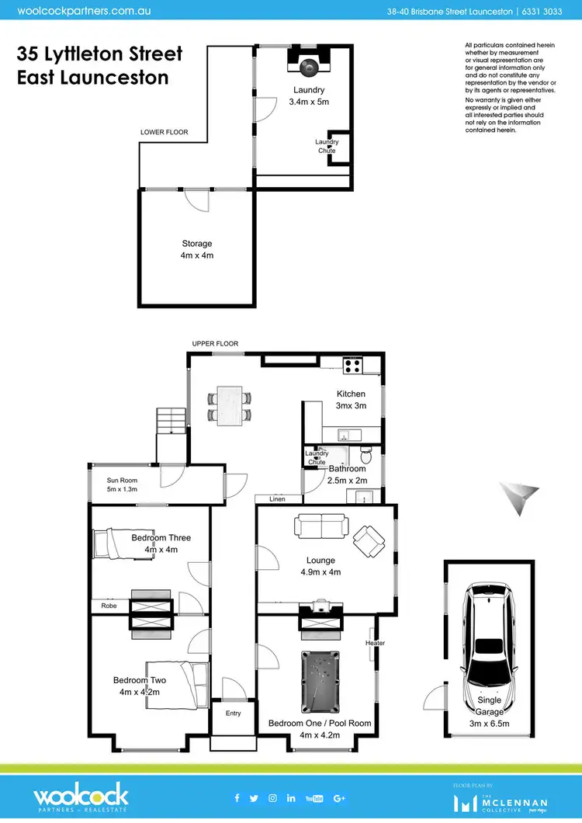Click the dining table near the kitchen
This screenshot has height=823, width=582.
pos(230,405)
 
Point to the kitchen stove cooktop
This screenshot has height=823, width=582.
pos(352,363)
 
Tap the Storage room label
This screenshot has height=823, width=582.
pos(196,244)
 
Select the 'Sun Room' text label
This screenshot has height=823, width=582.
pos(122,481)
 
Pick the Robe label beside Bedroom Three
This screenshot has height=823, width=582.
pos(109,605)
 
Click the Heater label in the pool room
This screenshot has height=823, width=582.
pos(376,643)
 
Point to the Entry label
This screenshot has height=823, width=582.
pos(233,713)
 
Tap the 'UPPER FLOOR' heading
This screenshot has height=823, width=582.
pos(216,343)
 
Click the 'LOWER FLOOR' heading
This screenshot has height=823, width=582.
pos(164,133)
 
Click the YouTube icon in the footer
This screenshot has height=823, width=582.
pos(314,798)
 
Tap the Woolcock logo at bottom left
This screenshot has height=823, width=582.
pos(81,797)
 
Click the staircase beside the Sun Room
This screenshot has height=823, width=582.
pos(171,422)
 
